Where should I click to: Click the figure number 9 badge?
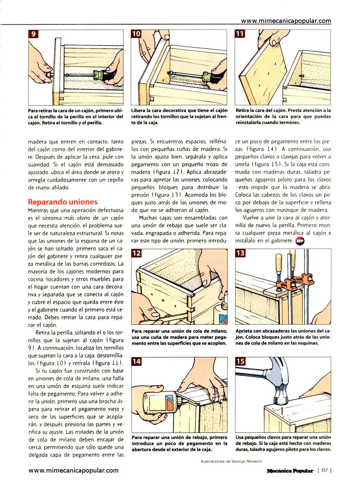coord(34,34)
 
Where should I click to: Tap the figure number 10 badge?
coord(136,34)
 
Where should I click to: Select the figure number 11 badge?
coord(240,34)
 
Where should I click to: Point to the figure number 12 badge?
coord(136,253)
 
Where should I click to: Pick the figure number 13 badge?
coord(240,253)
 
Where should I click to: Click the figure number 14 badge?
coord(136,362)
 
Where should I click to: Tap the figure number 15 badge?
coord(240,362)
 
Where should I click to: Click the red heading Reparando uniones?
coord(63,202)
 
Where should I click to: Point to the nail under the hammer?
coord(281,411)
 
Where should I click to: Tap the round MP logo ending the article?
coord(300,241)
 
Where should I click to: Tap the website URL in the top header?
coord(286,21)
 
